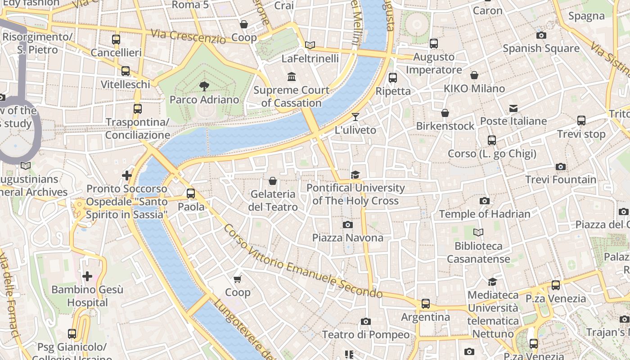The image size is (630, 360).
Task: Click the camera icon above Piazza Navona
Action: (x=347, y=225)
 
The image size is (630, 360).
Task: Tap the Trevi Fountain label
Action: (x=561, y=180)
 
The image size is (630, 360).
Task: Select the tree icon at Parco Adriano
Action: (x=204, y=86)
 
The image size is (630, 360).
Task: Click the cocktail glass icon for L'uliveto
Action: (x=355, y=117)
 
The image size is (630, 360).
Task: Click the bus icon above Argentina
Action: (x=426, y=304)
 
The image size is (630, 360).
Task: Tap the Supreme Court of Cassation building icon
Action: (x=292, y=77)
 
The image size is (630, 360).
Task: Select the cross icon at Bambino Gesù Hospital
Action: (x=87, y=276)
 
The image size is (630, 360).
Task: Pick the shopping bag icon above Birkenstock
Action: (x=445, y=113)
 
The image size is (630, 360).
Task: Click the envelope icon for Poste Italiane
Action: (x=513, y=108)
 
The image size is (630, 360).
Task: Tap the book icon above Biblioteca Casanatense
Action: (x=478, y=233)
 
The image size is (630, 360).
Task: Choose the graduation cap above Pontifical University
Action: (x=355, y=175)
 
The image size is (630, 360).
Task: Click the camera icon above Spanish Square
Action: (x=541, y=35)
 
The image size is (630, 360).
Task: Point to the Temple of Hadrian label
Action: (x=485, y=214)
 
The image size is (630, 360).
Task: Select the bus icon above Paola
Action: (x=191, y=193)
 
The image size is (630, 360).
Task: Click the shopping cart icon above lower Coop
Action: (x=238, y=279)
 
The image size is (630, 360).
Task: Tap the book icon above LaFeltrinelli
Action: (x=310, y=45)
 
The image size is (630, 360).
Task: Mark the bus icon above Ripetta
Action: (x=393, y=77)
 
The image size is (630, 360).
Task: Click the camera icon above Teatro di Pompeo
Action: (x=366, y=321)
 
